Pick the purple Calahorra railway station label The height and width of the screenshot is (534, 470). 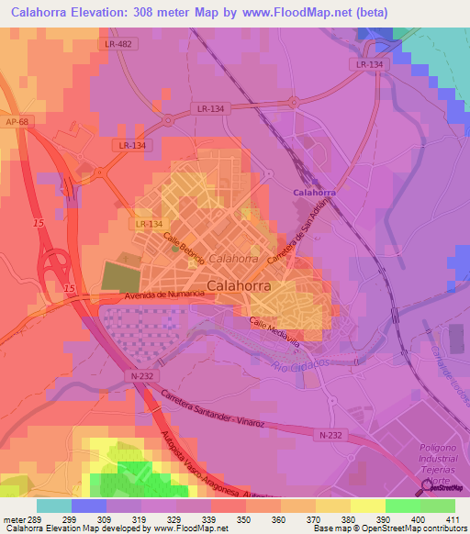pyautogui.click(x=314, y=193)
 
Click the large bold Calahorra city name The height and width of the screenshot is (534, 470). pyautogui.click(x=239, y=285)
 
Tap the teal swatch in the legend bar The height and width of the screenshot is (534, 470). pyautogui.click(x=53, y=506)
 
